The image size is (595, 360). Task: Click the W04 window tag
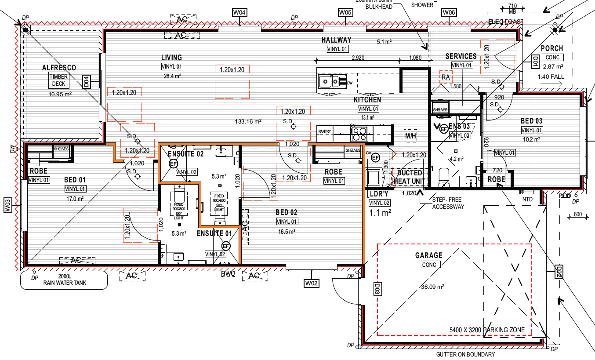[x=239, y=12]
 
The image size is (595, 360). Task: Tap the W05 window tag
[x=345, y=12]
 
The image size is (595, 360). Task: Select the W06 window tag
[x=449, y=12]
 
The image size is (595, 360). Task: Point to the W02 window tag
[x=311, y=284]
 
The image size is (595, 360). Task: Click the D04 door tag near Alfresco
[x=87, y=81]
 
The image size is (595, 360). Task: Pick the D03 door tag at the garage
[x=377, y=289]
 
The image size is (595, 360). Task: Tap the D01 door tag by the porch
[x=535, y=61]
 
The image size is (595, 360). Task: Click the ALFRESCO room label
[x=59, y=68]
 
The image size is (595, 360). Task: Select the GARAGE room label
[x=429, y=255]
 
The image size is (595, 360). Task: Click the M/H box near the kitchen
[x=410, y=136]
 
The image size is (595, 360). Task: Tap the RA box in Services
[x=446, y=77]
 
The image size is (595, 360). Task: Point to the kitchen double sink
[x=329, y=81]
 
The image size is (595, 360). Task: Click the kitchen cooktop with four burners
[x=358, y=134]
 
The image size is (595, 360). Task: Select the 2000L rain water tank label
[x=65, y=280]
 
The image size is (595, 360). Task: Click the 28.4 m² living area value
[x=172, y=76]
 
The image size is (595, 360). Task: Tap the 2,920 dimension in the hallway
[x=358, y=58]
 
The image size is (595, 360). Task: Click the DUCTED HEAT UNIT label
[x=410, y=177]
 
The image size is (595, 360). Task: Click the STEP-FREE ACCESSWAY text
[x=448, y=203]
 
